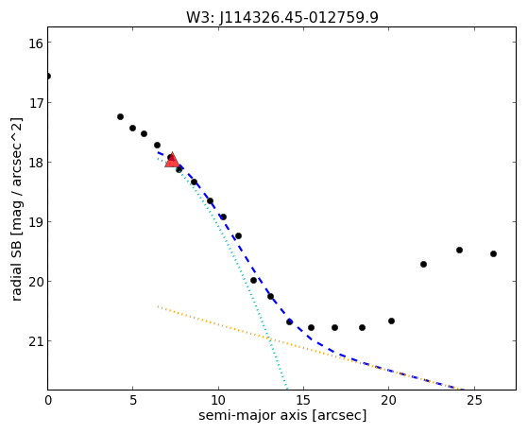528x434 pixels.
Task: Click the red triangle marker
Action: coord(172,160)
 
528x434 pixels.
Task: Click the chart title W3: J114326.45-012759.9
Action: coord(282,17)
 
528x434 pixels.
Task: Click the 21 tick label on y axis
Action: coord(35,341)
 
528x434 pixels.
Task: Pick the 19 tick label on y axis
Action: coord(35,222)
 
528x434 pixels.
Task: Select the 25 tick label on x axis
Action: coord(474,400)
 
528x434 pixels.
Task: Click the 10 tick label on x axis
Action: coord(218,400)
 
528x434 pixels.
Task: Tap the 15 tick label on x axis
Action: coord(303,400)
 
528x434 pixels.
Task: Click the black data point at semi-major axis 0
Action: coord(48,77)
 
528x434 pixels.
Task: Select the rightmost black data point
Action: coord(493,254)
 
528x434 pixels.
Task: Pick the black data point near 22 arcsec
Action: coord(423,265)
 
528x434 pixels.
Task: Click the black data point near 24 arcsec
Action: coord(459,251)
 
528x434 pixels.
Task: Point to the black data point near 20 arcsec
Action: coord(391,321)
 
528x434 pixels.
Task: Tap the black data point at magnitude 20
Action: coord(253,280)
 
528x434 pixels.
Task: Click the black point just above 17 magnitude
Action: coord(120,117)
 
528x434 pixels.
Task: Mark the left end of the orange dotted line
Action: coord(158,306)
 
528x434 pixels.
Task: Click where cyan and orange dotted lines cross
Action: coord(269,339)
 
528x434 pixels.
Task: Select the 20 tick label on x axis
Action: coord(388,400)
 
